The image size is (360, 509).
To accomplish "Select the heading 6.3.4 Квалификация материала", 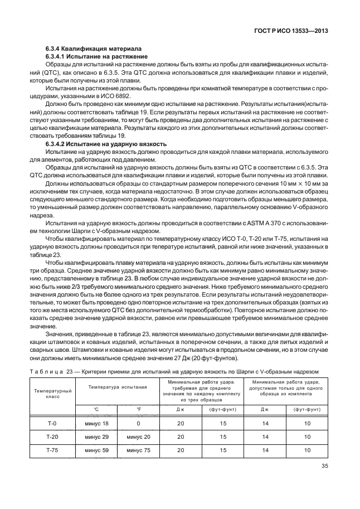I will point(93,49).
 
